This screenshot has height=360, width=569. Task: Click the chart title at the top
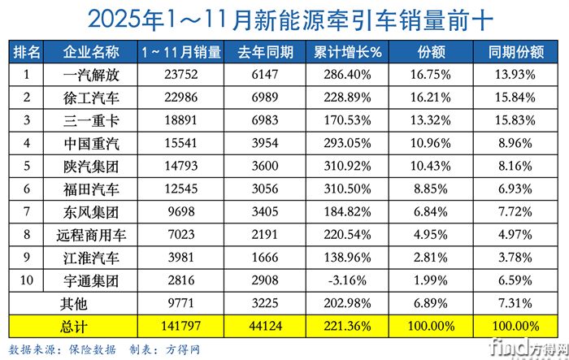pos(284,17)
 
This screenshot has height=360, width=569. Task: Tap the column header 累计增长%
pos(348,53)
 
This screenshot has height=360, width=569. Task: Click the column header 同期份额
pos(516,53)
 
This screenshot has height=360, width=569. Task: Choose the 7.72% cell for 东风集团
pos(516,213)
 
